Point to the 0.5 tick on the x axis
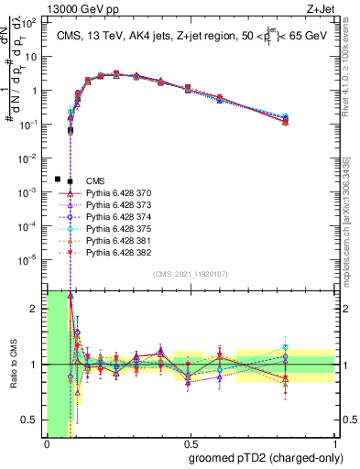coord(191,444)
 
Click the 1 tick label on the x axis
coord(334,444)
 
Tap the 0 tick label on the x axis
coord(47,444)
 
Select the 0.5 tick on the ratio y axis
coord(33,420)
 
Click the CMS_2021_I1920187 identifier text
coord(191,275)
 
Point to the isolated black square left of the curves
coord(58,179)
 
